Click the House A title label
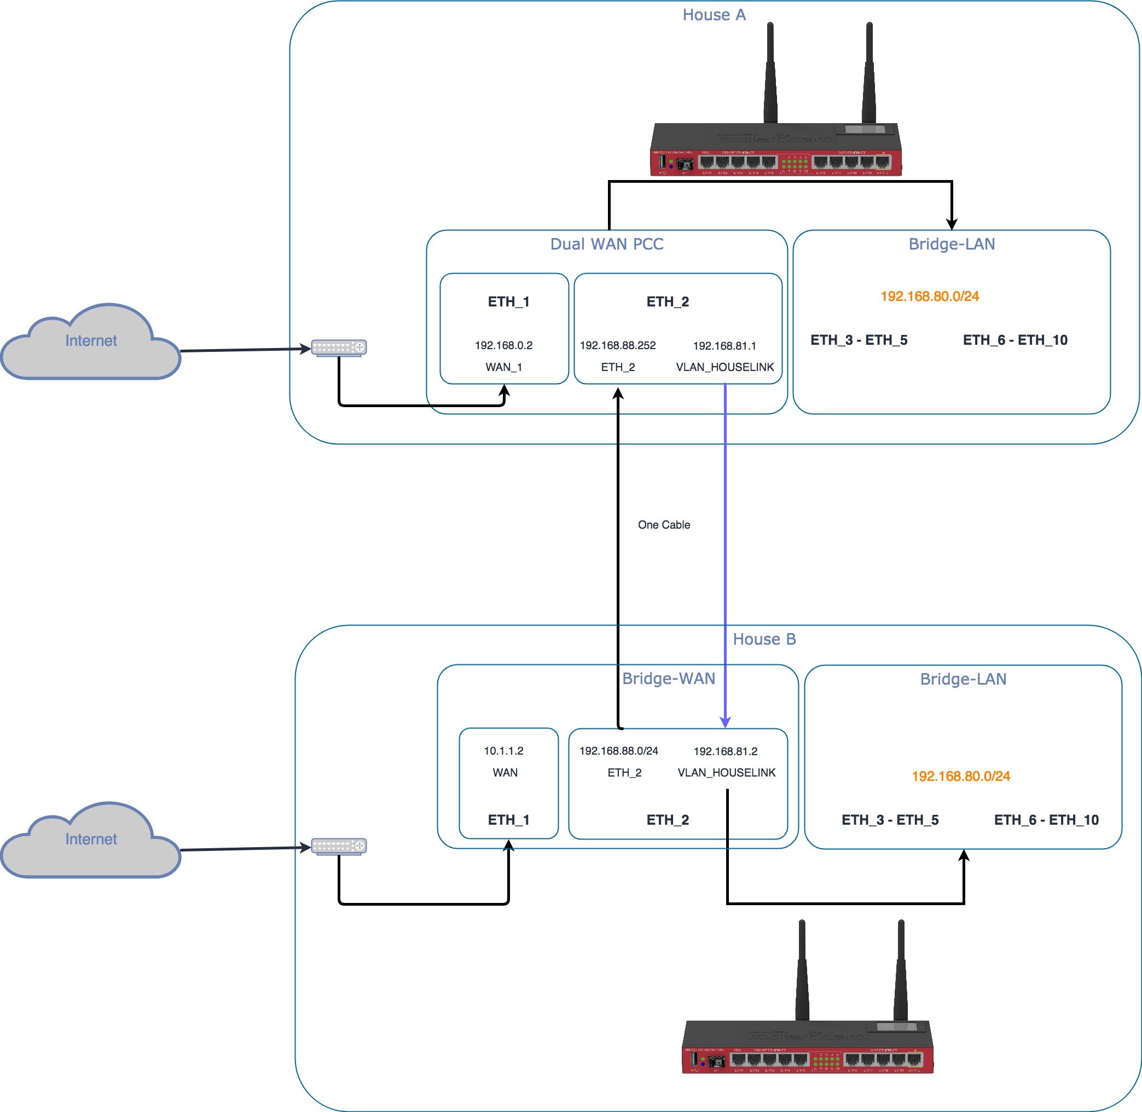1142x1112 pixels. (714, 15)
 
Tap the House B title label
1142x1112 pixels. (764, 640)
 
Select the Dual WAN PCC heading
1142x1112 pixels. (607, 244)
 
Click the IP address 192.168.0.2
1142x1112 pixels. (503, 346)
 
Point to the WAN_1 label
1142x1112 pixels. (503, 367)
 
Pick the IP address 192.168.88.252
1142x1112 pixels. (617, 346)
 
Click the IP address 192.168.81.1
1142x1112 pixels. (724, 346)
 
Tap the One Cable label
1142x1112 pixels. (664, 525)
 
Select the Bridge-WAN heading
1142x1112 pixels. (669, 679)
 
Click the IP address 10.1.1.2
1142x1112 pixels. (503, 751)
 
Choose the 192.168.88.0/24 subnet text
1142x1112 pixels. (618, 751)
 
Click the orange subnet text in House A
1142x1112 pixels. (930, 297)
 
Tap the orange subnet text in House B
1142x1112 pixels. (960, 777)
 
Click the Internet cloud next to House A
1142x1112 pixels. (90, 342)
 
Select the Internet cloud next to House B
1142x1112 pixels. (90, 841)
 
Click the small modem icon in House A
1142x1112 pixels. (339, 348)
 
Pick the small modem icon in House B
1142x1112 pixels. (339, 846)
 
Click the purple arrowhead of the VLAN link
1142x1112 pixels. (725, 723)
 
